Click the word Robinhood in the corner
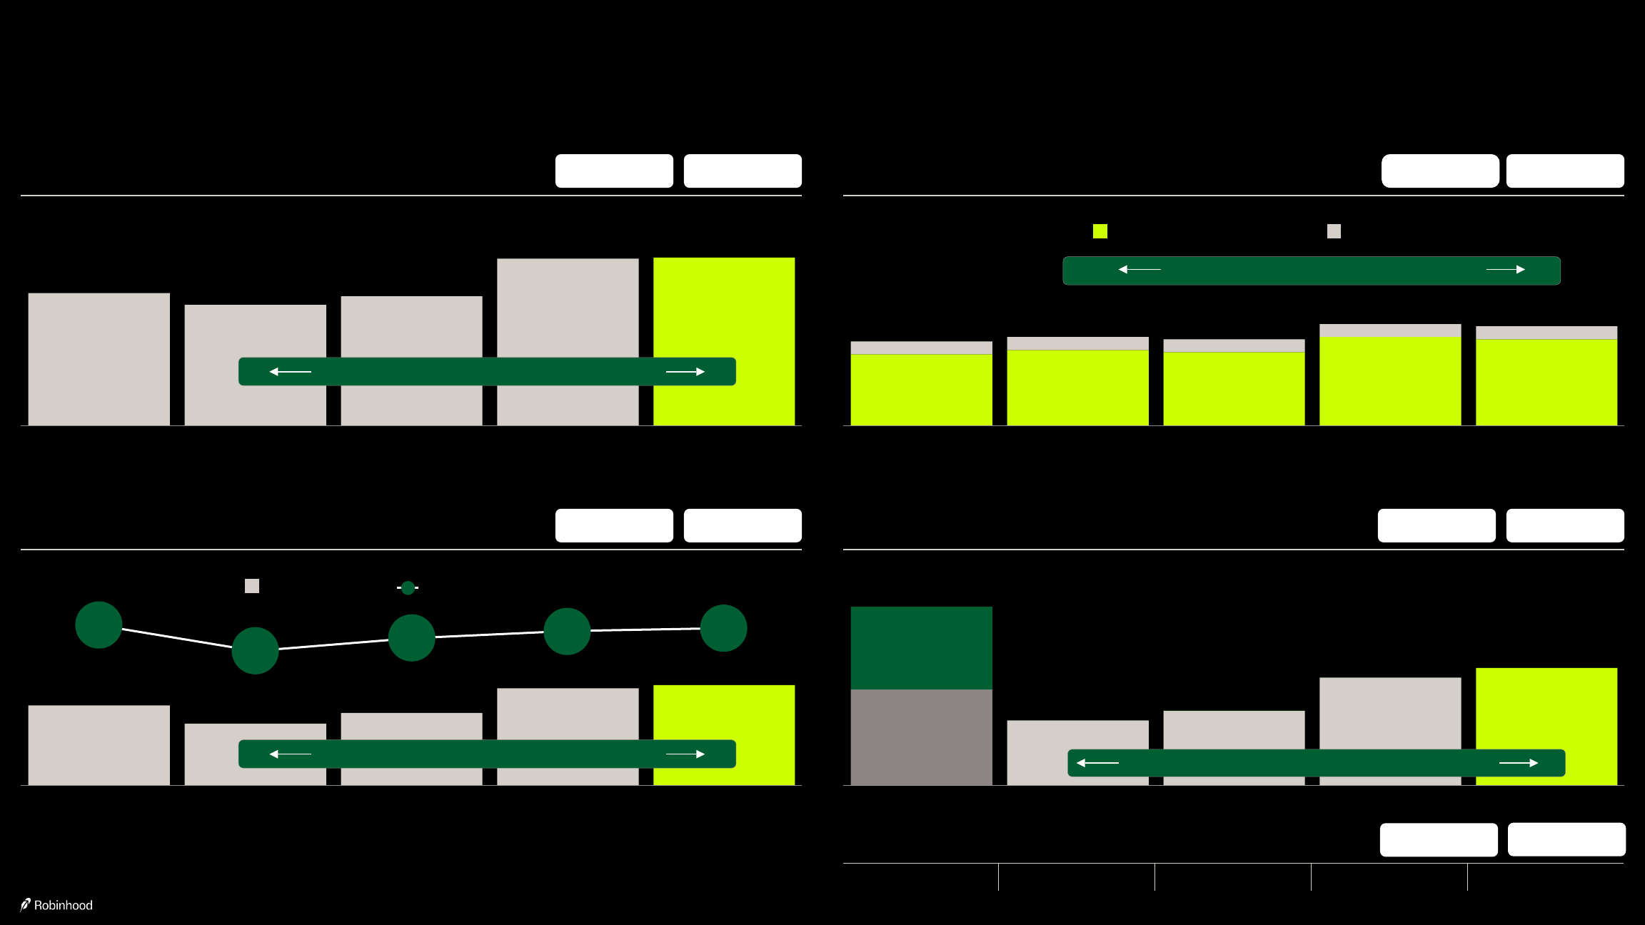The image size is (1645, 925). [64, 905]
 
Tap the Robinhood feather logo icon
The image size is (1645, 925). [26, 904]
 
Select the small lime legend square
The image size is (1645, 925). [1100, 231]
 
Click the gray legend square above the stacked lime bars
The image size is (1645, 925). [1334, 231]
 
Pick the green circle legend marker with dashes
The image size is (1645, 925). [408, 587]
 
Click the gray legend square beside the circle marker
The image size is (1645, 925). [252, 586]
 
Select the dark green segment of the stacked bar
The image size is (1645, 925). [921, 647]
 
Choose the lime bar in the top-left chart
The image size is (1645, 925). [724, 307]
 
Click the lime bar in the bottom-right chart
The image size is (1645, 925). [1546, 707]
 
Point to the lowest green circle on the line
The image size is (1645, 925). [255, 650]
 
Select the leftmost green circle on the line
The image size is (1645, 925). [99, 625]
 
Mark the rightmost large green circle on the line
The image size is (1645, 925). [723, 628]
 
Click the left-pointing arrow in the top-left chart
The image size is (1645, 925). [290, 372]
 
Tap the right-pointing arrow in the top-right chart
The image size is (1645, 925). [1506, 270]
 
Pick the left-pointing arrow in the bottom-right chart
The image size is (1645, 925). [1097, 763]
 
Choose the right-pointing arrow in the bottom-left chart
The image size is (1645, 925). [685, 754]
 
